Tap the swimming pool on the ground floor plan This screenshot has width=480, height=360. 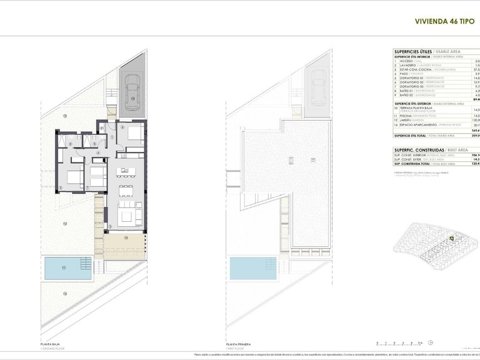(x=67, y=268)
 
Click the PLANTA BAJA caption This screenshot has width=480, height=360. (x=51, y=344)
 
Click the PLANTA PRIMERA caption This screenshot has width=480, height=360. (x=240, y=344)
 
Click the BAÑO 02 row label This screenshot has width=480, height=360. (x=406, y=95)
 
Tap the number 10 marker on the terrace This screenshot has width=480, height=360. (x=125, y=237)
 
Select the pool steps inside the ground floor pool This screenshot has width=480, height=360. (x=88, y=269)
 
